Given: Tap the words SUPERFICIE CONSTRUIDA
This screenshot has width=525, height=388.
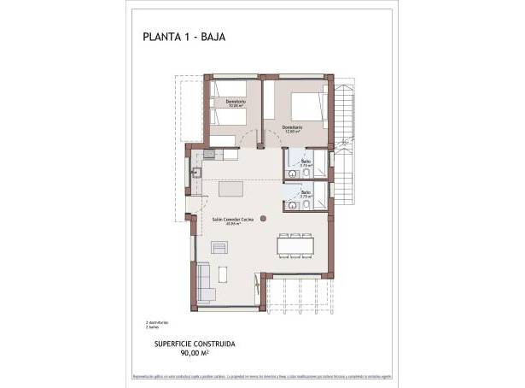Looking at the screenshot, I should (x=195, y=343).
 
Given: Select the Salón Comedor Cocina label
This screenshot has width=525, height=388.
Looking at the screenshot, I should (x=235, y=220).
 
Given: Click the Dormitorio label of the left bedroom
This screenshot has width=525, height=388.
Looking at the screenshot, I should (x=236, y=103).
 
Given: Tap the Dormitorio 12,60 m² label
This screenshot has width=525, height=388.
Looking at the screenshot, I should (x=292, y=130).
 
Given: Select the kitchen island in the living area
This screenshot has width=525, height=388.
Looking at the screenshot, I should (x=230, y=189).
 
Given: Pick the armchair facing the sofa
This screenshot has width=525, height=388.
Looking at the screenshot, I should (x=221, y=247).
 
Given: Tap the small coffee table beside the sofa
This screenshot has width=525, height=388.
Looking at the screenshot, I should (x=224, y=275).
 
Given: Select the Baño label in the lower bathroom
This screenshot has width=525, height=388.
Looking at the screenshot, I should (x=306, y=194).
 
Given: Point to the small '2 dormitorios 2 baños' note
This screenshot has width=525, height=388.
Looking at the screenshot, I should (x=156, y=324).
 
